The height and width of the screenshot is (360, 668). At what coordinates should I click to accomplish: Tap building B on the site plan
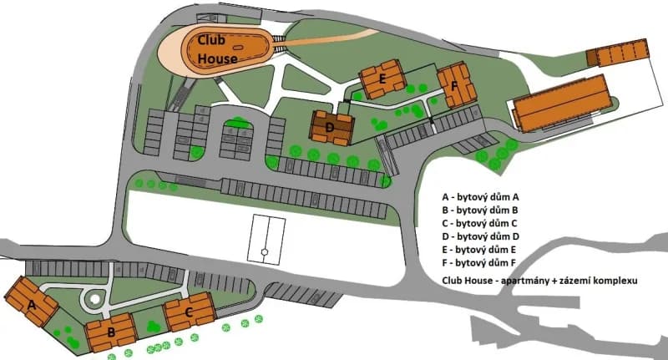pyautogui.click(x=109, y=329)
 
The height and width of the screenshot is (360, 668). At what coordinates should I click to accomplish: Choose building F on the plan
pyautogui.click(x=456, y=87)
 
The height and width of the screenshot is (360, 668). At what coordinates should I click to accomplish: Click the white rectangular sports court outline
pyautogui.click(x=268, y=239)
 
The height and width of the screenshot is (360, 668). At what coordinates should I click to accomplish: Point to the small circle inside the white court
pyautogui.click(x=264, y=251)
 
